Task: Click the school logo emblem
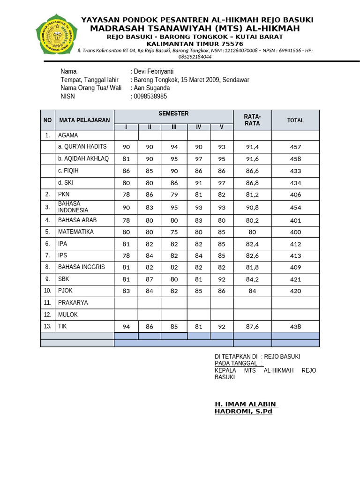pos(57,34)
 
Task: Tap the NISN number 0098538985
pos(150,97)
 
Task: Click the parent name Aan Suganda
pos(152,88)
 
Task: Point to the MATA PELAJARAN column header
pos(84,120)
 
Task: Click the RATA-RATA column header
pos(252,120)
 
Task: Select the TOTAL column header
pos(295,120)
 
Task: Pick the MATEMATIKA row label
pos(76,232)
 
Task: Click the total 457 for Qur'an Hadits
pos(295,147)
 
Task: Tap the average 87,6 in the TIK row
pos(252,327)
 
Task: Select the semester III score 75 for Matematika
pos(174,232)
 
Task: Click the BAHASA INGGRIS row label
pos(82,267)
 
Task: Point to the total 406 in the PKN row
pos(295,195)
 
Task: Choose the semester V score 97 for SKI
pos(222,183)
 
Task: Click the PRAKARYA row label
pos(73,303)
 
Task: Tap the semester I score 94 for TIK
pos(126,327)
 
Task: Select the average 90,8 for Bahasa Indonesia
pos(252,207)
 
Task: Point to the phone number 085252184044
pos(195,57)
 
